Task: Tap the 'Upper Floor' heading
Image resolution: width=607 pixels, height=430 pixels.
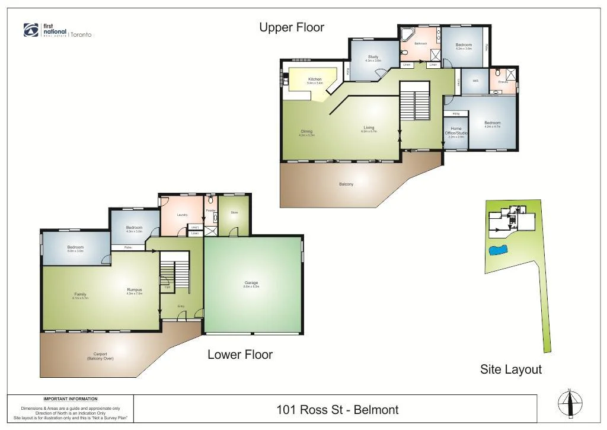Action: click(x=292, y=27)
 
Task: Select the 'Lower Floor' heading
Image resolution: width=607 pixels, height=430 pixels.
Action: click(x=240, y=355)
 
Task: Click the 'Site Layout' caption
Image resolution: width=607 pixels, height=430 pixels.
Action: click(x=510, y=370)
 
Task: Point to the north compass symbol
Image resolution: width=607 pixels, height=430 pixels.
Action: click(x=569, y=404)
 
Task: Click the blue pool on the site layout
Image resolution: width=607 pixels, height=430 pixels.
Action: click(x=497, y=250)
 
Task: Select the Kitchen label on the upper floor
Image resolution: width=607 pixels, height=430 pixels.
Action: click(x=315, y=79)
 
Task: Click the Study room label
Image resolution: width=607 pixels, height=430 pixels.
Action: click(x=373, y=57)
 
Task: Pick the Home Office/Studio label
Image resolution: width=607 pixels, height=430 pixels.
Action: click(x=456, y=130)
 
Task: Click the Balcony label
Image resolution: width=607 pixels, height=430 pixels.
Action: click(x=346, y=184)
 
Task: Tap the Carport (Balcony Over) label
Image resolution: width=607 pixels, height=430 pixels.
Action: click(x=100, y=356)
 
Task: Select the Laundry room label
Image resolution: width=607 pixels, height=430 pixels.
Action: click(x=182, y=215)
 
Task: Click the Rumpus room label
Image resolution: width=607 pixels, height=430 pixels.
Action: click(x=135, y=290)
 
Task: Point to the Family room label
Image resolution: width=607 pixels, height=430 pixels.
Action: click(x=81, y=295)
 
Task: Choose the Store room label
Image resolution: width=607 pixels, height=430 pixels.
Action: click(x=234, y=212)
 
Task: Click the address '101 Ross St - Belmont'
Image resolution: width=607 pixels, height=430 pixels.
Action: click(x=337, y=409)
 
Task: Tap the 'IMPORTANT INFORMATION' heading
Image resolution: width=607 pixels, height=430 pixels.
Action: click(x=70, y=399)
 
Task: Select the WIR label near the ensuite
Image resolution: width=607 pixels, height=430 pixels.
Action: click(x=475, y=81)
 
